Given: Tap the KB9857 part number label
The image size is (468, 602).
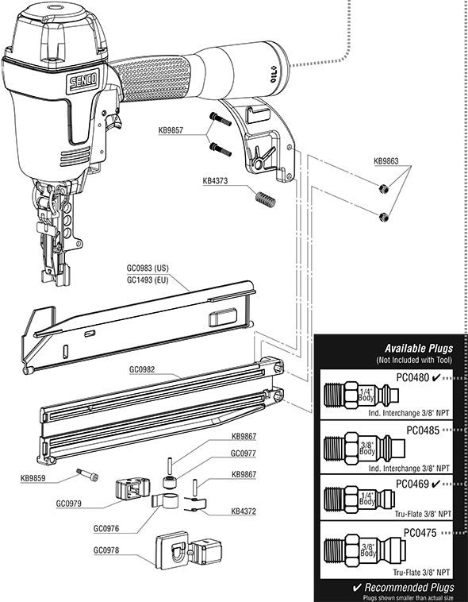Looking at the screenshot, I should (x=171, y=130).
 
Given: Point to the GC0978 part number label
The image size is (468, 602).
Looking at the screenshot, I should (x=109, y=550).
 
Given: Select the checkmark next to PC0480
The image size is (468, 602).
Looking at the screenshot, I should (x=435, y=378).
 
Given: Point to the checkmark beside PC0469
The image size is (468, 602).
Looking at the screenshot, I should (x=435, y=483).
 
